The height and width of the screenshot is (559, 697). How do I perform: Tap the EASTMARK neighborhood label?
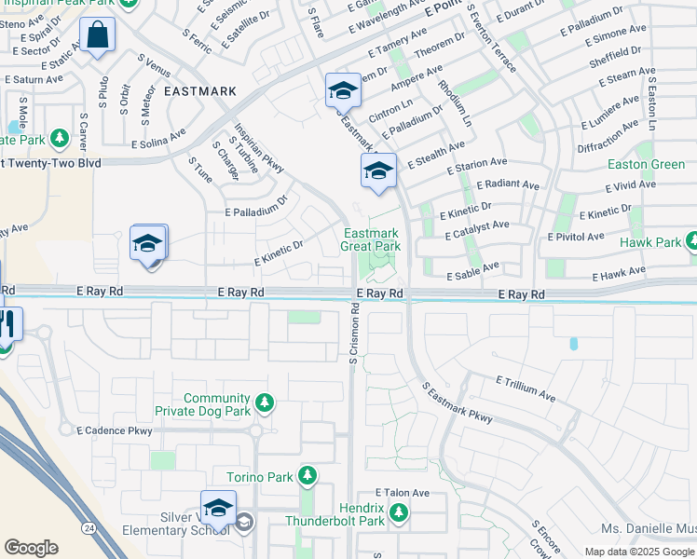[x=199, y=91]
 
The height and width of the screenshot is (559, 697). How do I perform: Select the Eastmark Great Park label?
[x=370, y=239]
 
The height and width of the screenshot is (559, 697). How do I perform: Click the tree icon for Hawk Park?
[x=692, y=242]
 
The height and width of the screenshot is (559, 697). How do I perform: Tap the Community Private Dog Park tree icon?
[x=266, y=402]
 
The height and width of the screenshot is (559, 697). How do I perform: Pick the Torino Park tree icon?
[x=307, y=477]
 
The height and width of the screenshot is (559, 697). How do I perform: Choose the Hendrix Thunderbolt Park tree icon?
[x=399, y=512]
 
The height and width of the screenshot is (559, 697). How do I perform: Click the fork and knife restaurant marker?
[x=6, y=323]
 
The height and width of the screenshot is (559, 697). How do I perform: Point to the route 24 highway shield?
[x=86, y=527]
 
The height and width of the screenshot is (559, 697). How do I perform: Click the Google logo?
[x=31, y=548]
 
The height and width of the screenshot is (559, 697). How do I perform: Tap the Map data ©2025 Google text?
[x=640, y=552]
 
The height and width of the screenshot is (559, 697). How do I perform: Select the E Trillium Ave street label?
[x=526, y=389]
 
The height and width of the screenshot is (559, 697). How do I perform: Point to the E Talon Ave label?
[x=402, y=492]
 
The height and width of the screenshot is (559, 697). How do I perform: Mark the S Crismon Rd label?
[x=354, y=339]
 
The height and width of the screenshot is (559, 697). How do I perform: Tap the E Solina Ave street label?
[x=158, y=139]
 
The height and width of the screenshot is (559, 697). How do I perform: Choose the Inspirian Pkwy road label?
[x=258, y=148]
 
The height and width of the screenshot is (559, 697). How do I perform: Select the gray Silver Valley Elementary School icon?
[x=244, y=522]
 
